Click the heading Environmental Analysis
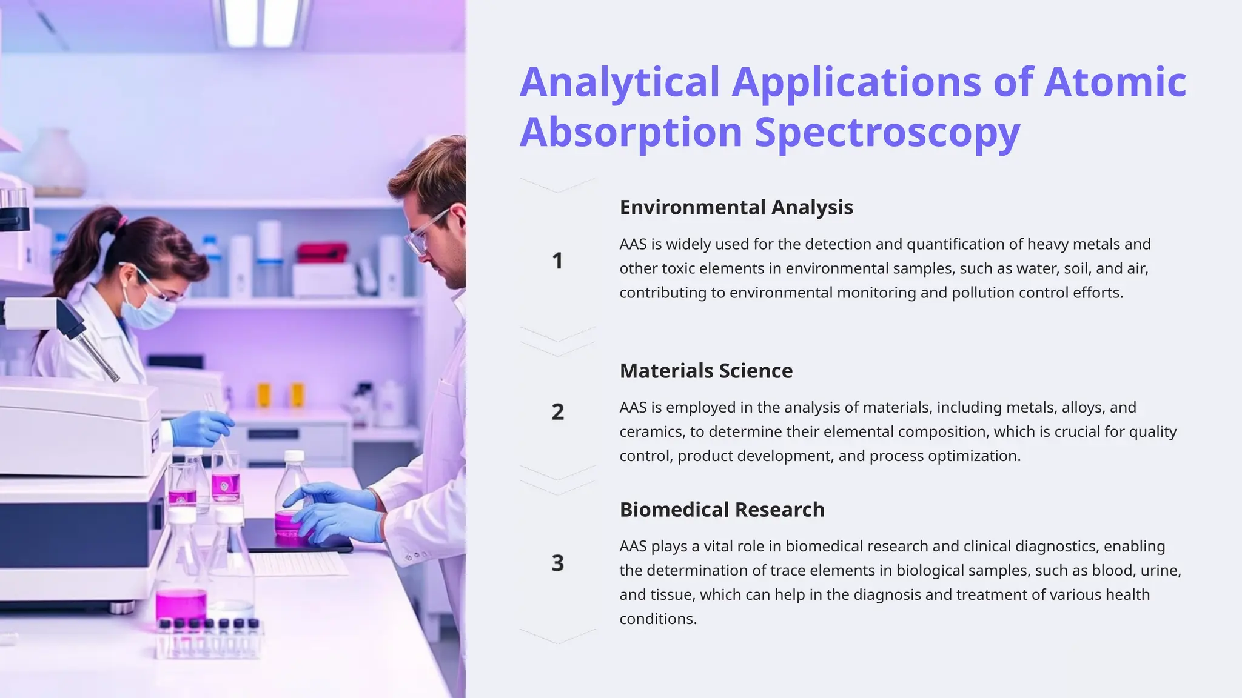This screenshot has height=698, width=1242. [x=736, y=207]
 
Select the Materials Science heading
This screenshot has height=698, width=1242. [x=705, y=370]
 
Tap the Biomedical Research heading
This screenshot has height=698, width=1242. [x=722, y=510]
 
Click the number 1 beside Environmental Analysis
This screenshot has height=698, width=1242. [x=557, y=261]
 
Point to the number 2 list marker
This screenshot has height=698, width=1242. [x=557, y=412]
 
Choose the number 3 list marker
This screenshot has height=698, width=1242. [x=557, y=563]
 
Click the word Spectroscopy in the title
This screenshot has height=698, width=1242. [x=887, y=132]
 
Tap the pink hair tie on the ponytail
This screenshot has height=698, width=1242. [x=123, y=222]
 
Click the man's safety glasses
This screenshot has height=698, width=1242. [x=425, y=233]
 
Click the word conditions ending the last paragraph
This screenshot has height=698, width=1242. [x=657, y=619]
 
